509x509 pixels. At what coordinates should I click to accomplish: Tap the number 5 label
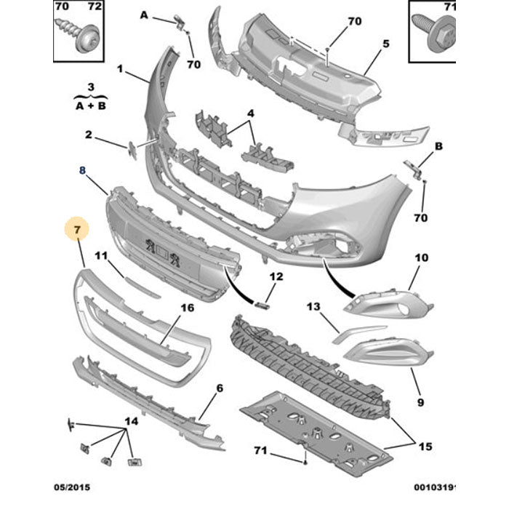point(386,44)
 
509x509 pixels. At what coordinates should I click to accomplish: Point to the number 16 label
point(187,308)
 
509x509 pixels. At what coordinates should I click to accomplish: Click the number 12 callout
point(276,276)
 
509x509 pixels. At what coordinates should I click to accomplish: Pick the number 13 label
point(313,308)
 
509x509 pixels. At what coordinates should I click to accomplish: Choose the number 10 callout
point(422,258)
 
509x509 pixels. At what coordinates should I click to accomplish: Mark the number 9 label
point(420,401)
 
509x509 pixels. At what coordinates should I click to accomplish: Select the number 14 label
point(130,421)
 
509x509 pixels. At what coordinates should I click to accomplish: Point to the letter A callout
point(144,15)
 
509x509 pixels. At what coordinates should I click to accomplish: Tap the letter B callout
point(438,146)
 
